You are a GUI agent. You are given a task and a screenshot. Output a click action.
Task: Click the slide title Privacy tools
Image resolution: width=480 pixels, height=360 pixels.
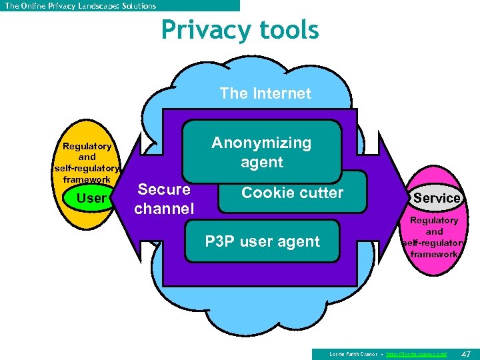240,31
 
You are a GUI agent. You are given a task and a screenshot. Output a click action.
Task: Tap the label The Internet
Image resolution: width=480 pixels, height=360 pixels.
265,94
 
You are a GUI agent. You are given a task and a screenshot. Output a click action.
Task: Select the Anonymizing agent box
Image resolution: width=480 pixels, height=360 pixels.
261,152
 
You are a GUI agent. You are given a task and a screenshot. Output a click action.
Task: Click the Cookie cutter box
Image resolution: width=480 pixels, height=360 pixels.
292,193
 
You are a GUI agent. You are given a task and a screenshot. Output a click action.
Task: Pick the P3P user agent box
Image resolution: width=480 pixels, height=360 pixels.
262,242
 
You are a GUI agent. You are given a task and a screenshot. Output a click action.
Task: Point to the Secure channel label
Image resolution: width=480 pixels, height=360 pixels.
164,199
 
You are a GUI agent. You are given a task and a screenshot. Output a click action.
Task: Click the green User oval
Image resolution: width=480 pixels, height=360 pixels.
91,199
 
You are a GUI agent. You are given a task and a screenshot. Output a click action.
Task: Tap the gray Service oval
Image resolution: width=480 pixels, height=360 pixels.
437,198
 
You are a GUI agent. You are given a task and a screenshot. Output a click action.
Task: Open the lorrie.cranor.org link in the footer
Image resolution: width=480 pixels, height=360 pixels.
417,354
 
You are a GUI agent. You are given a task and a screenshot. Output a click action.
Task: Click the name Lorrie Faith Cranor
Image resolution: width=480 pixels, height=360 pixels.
353,354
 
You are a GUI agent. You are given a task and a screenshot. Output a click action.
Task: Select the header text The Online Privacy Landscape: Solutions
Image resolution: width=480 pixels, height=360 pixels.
80,5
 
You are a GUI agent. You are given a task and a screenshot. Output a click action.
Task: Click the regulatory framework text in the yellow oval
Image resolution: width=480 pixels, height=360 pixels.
87,163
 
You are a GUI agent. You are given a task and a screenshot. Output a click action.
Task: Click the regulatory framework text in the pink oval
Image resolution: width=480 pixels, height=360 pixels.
434,237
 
